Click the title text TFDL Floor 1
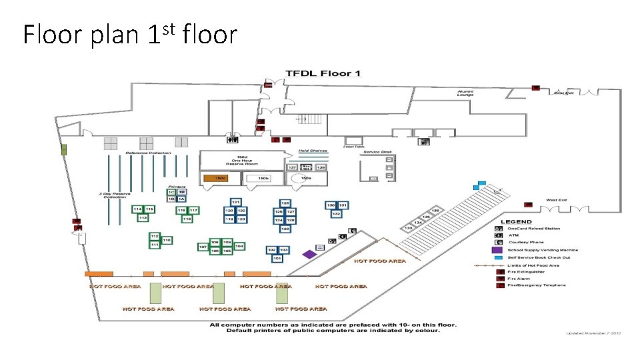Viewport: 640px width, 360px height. coord(323,73)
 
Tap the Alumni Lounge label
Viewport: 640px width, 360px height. coord(465,93)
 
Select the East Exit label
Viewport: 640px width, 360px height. coord(563,93)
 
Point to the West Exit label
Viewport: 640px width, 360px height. coord(557,200)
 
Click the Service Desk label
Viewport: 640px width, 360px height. coord(377,152)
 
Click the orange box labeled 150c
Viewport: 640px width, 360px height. coord(216,178)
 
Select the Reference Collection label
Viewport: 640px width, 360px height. coord(148,153)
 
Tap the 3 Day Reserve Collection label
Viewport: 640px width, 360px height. coord(113,195)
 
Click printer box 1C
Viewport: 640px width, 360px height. coord(171,192)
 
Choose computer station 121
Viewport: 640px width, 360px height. coord(235,202)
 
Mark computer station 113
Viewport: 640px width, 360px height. coord(143,218)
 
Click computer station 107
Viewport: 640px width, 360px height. coord(203,247)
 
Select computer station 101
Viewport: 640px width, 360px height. coord(275,258)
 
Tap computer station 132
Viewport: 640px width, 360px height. coord(337,214)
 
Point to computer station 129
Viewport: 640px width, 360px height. coord(285,229)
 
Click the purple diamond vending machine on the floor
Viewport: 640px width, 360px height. coord(309,254)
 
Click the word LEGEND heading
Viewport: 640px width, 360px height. coord(517,222)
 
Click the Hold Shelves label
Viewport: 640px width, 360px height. coord(313,151)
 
